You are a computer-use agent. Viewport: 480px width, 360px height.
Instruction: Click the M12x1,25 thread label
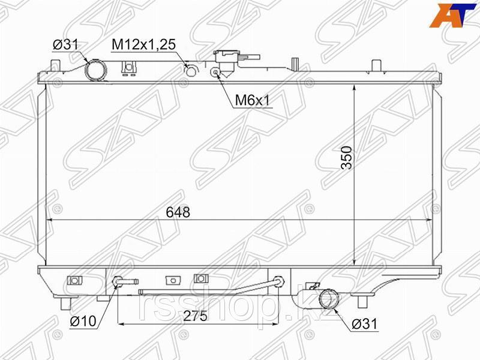coord(144,44)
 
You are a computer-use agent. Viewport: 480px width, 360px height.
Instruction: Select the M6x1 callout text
coord(253,100)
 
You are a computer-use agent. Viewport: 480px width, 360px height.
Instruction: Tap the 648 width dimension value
coord(178,212)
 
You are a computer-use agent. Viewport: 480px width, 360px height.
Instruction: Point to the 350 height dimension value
coord(347,158)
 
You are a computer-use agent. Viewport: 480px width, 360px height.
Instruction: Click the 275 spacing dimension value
coord(196,316)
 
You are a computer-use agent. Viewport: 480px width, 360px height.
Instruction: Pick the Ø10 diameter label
coord(83,321)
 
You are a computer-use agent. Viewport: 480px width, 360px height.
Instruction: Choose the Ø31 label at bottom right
coord(365,323)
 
